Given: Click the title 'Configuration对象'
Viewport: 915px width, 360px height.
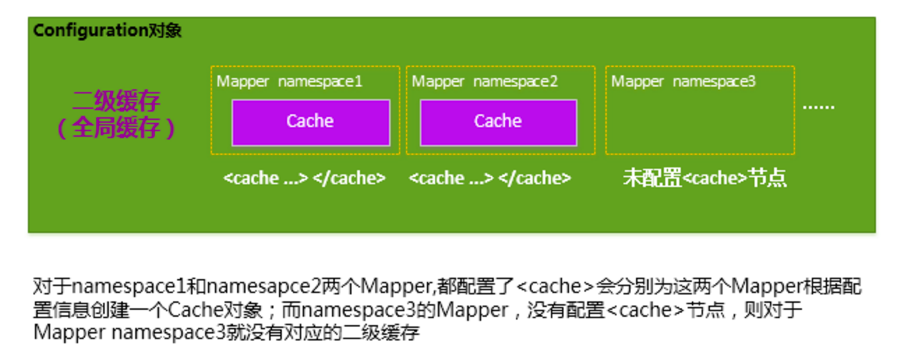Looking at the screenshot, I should tap(107, 31).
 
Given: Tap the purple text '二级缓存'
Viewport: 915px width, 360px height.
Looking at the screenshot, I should tap(116, 102).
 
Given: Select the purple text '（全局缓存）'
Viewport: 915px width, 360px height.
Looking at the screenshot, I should tap(116, 128).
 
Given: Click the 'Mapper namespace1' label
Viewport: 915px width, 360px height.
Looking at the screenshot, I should tap(289, 82).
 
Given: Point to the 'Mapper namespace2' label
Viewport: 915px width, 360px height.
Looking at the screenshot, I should tap(485, 82).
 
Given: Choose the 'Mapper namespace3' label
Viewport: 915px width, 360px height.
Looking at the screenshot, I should tap(683, 82).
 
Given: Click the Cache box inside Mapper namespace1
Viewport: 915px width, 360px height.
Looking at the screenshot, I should tap(310, 122).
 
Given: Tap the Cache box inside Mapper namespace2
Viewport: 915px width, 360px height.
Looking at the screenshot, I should tap(498, 122).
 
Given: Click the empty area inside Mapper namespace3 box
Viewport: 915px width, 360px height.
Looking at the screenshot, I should tap(700, 122).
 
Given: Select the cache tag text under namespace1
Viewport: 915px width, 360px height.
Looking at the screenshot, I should tap(304, 179).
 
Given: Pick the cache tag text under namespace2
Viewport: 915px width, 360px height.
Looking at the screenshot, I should tap(490, 179).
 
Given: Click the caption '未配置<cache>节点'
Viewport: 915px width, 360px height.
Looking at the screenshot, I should tap(704, 179).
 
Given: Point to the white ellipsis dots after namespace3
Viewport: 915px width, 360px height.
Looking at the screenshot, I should tap(818, 107).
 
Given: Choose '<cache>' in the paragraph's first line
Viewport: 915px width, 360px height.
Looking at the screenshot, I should tap(555, 287).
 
